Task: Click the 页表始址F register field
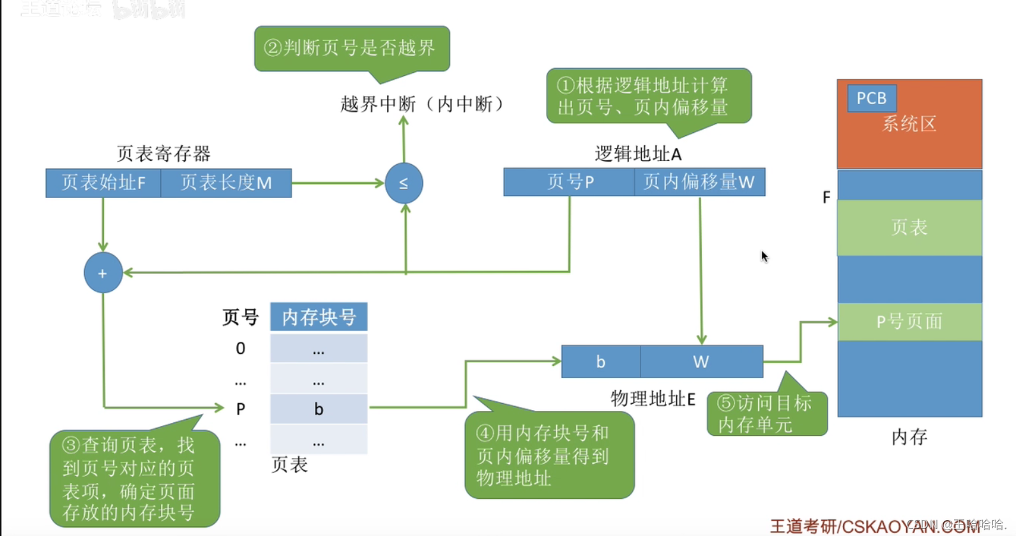[103, 183]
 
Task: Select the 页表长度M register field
[226, 183]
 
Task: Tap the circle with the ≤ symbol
[404, 183]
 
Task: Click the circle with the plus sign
[103, 273]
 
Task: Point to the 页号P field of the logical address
[569, 182]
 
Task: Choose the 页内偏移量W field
[699, 182]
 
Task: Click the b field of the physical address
[600, 362]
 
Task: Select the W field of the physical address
[701, 362]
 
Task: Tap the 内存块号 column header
[319, 317]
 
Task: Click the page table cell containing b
[319, 409]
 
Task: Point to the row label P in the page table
[241, 409]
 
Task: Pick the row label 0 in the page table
[241, 348]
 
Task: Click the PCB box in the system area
[872, 98]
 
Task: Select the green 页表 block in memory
[909, 227]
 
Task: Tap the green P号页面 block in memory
[909, 321]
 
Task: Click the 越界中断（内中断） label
[423, 104]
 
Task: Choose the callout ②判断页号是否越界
[352, 48]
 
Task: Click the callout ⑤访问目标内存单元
[766, 413]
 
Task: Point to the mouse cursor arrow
[764, 256]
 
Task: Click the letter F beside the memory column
[826, 197]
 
